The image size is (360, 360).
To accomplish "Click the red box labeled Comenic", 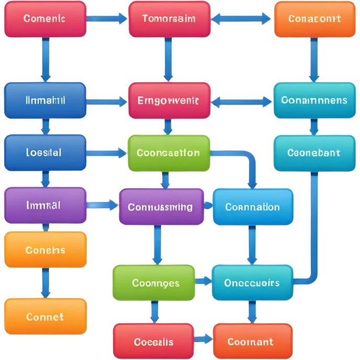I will (44, 19).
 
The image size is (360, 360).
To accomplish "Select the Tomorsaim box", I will (169, 19).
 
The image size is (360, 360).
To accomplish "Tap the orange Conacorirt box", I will (314, 19).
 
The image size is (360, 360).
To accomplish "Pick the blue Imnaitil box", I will (45, 100).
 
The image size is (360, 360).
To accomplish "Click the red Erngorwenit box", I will (170, 100).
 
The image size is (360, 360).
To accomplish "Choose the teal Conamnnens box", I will (313, 100).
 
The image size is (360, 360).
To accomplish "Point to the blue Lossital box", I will (45, 153).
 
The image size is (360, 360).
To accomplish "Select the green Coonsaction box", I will (168, 153).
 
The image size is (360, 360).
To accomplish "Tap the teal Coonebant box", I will (313, 153).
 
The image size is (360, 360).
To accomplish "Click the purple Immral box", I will (45, 206).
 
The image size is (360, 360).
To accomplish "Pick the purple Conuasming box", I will (161, 207).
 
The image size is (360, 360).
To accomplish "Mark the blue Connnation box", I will (253, 207).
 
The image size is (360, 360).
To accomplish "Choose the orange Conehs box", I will (46, 250).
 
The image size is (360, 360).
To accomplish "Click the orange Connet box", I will (46, 317).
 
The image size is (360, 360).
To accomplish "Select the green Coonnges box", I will (156, 283).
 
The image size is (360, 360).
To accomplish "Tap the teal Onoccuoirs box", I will (252, 283).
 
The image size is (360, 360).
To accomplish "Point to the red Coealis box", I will (153, 342).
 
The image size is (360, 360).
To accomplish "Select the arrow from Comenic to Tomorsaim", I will (107, 19).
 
